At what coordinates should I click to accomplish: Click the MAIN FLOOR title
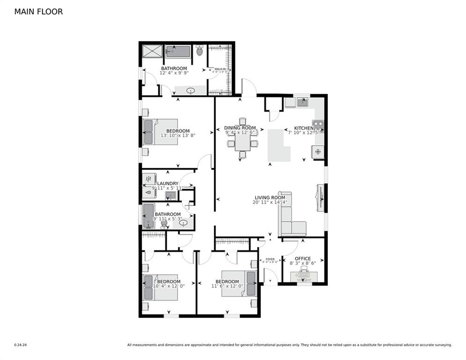pyautogui.click(x=38, y=12)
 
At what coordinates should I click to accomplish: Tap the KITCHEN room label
pyautogui.click(x=303, y=128)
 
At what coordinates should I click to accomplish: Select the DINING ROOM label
pyautogui.click(x=240, y=128)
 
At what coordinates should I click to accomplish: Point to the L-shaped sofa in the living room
pyautogui.click(x=289, y=217)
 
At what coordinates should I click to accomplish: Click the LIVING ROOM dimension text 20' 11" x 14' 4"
pyautogui.click(x=270, y=203)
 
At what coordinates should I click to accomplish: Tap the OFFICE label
pyautogui.click(x=303, y=258)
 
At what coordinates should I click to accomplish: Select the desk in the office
pyautogui.click(x=303, y=277)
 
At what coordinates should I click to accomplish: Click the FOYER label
pyautogui.click(x=270, y=259)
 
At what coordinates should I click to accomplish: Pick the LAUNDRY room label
pyautogui.click(x=168, y=184)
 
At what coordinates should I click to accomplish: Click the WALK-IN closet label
pyautogui.click(x=220, y=69)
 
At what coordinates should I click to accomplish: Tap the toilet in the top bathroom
pyautogui.click(x=200, y=50)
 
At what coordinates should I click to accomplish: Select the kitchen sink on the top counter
pyautogui.click(x=303, y=102)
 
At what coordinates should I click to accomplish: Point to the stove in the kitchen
pyautogui.click(x=318, y=127)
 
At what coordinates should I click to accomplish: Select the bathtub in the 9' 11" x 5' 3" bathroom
pyautogui.click(x=148, y=216)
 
